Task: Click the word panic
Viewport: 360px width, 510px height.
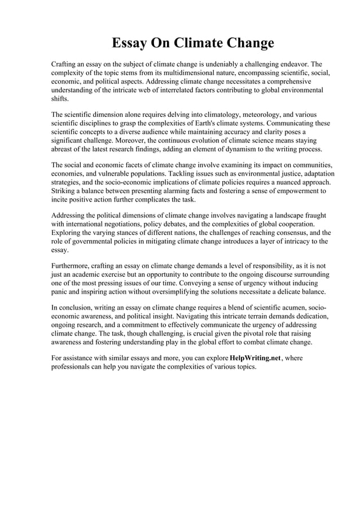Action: (61, 291)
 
